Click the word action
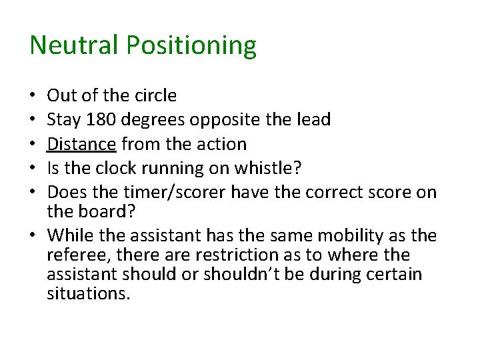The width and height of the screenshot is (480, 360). pyautogui.click(x=222, y=144)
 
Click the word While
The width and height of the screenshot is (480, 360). pyautogui.click(x=67, y=235)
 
